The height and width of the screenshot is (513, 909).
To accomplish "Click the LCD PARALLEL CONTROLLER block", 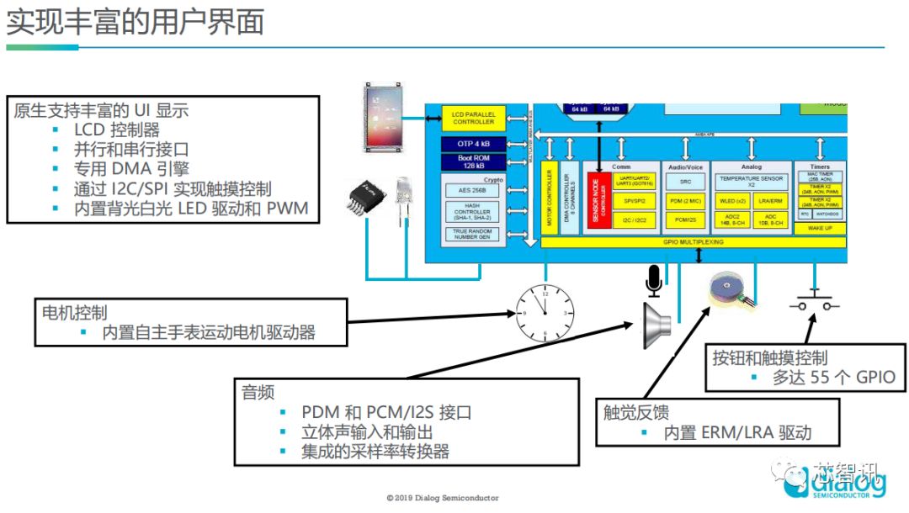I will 474,117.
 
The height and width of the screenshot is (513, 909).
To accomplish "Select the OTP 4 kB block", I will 474,144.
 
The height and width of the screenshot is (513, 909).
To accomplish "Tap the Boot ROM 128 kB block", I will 474,161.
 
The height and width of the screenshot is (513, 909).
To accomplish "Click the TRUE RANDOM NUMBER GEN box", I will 473,234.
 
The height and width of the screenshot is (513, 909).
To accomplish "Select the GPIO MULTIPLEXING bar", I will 692,242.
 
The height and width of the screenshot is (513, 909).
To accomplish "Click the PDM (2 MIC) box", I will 685,202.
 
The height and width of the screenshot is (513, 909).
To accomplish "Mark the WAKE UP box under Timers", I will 820,228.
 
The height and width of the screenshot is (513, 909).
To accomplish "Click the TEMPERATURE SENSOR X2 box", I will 751,181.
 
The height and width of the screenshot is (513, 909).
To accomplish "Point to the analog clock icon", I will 545,312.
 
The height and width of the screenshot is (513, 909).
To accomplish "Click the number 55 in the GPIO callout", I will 821,377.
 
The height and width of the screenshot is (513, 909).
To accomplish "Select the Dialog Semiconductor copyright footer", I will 443,498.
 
